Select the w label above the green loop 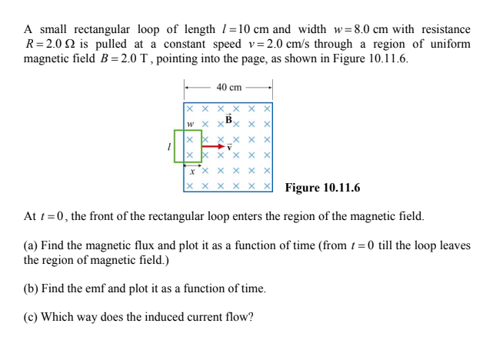(x=189, y=124)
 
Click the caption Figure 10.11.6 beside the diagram (x=322, y=188)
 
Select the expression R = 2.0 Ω (x=49, y=44)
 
